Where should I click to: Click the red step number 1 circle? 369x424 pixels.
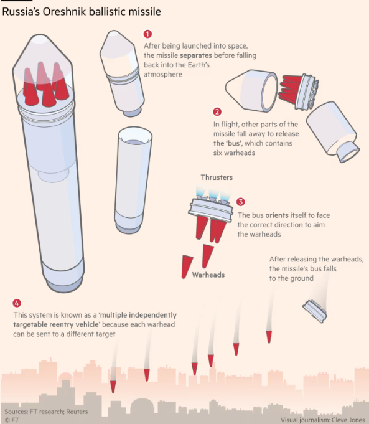coord(147,34)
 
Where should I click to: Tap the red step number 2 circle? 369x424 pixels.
coord(217,111)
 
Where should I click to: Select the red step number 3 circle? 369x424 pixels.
coord(240,202)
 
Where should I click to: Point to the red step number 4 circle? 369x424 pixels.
coord(17,303)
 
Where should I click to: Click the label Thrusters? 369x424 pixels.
coord(217,177)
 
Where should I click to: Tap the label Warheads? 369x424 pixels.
coord(208,275)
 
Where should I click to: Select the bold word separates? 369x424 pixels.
coord(196,55)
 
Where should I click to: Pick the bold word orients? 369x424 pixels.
coord(277,215)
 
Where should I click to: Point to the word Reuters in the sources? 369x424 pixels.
coord(77,412)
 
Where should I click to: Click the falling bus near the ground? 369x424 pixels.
coord(315,311)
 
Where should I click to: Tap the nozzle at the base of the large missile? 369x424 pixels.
coord(64,285)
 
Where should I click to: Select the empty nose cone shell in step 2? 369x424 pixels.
coord(251,91)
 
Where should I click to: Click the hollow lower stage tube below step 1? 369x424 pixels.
coord(133,181)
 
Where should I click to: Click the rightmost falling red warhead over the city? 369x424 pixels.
coord(269,337)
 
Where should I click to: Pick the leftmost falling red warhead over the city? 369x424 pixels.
coord(113,387)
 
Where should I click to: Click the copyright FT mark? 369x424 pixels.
coord(12,420)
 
